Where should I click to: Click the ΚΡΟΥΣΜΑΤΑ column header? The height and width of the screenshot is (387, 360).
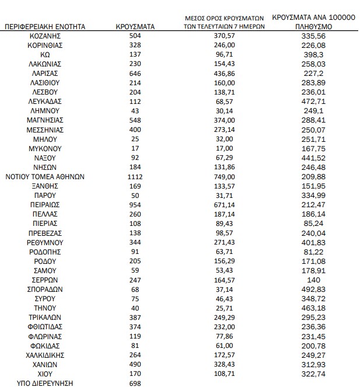pos(134,27)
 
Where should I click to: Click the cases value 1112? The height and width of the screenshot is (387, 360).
pos(134,176)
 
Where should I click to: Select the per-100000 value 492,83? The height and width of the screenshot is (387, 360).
pos(314,289)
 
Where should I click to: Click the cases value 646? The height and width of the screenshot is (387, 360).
pos(134,73)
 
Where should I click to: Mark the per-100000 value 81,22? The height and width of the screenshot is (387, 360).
pos(314,252)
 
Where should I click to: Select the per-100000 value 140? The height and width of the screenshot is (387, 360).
pos(314,280)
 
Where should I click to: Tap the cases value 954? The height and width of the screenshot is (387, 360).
pos(134,204)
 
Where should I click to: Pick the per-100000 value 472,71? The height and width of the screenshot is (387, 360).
pos(314,101)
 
